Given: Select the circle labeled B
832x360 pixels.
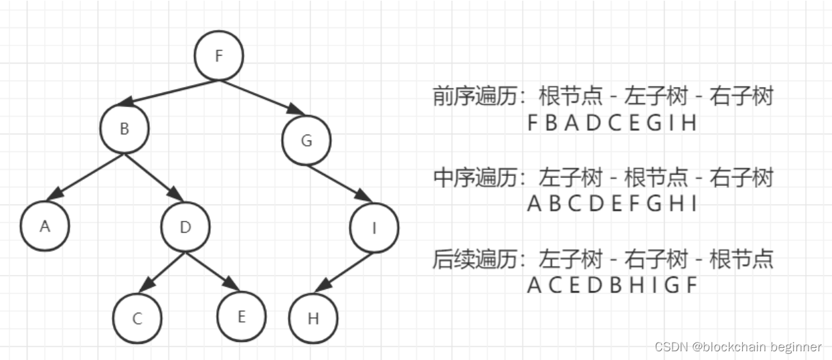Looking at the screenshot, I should pyautogui.click(x=124, y=129).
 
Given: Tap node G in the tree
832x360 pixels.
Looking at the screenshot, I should pyautogui.click(x=307, y=141).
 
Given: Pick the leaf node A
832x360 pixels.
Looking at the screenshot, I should pyautogui.click(x=45, y=226).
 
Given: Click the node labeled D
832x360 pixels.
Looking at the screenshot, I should pyautogui.click(x=185, y=227).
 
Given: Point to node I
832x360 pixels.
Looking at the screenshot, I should pyautogui.click(x=374, y=228).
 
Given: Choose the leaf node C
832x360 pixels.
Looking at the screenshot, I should pyautogui.click(x=137, y=319).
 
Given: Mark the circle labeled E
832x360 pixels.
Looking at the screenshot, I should pyautogui.click(x=242, y=317).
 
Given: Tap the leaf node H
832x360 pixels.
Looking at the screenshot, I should pyautogui.click(x=313, y=319).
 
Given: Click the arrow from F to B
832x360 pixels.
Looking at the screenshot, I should pyautogui.click(x=171, y=93).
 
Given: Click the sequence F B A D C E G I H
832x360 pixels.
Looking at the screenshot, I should pyautogui.click(x=612, y=124).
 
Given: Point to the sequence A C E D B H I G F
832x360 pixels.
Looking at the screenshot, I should pyautogui.click(x=612, y=286).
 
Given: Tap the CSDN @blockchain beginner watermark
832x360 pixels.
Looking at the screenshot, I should pyautogui.click(x=738, y=347).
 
